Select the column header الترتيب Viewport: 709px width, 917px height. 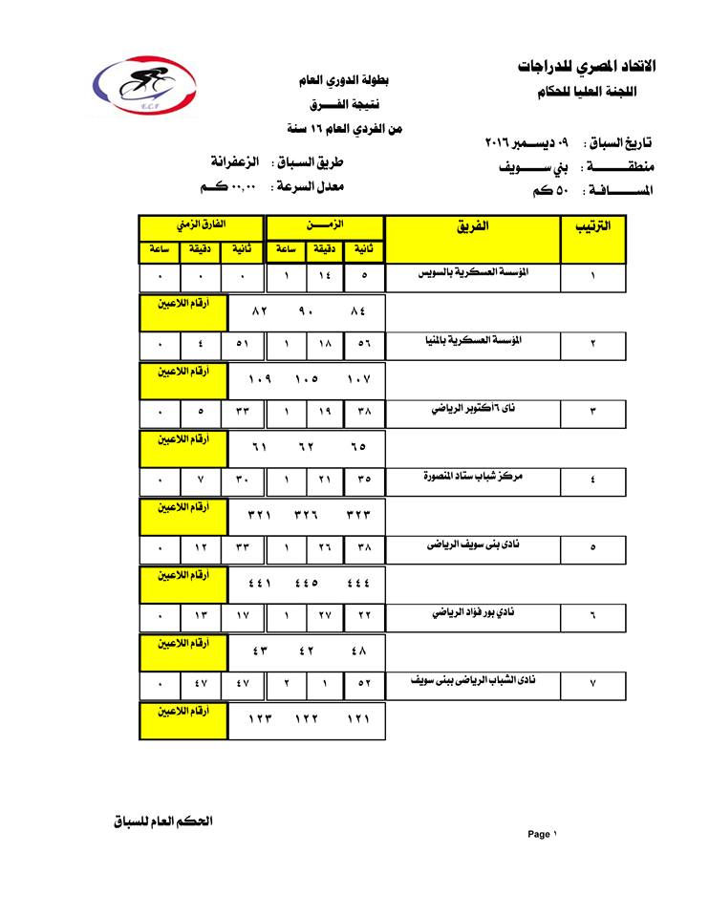click(x=592, y=227)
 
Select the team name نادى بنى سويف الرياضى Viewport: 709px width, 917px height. click(x=474, y=544)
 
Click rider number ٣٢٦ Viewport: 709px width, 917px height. click(x=306, y=514)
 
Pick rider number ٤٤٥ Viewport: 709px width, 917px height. click(x=306, y=583)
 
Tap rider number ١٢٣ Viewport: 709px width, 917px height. click(x=260, y=719)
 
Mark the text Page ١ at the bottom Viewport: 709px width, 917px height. click(x=541, y=834)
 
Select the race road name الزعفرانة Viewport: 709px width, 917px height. click(x=233, y=161)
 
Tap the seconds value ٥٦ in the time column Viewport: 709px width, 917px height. click(x=364, y=346)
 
